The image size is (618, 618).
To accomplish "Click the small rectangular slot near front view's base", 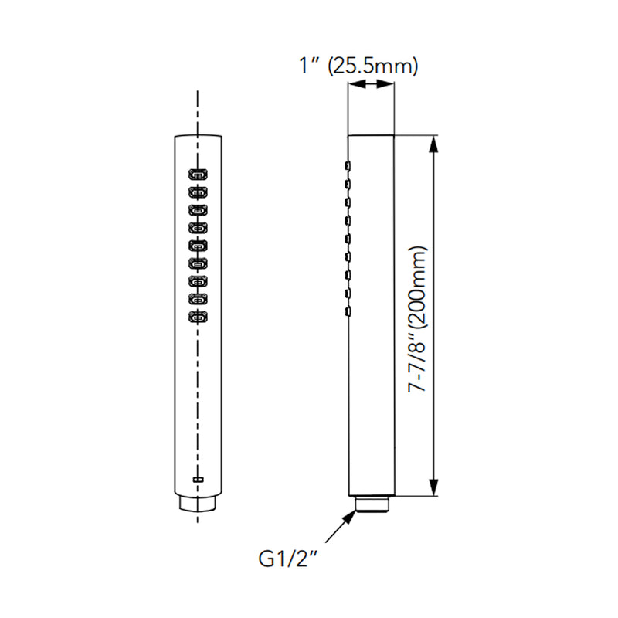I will point(199,480).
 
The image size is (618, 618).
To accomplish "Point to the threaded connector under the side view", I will point(372,504).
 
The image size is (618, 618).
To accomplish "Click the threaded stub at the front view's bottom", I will point(199,504).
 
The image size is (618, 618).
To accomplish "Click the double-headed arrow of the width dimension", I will point(372,87).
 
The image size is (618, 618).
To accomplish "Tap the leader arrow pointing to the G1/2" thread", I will point(345,528).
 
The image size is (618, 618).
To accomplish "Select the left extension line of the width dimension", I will point(348,108).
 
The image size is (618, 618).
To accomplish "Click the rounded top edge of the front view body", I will point(199,136).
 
